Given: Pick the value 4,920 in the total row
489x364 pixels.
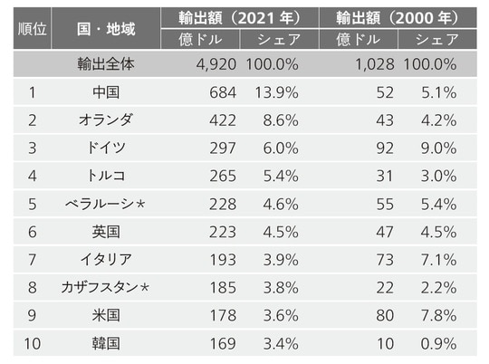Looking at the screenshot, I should (216, 64).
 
